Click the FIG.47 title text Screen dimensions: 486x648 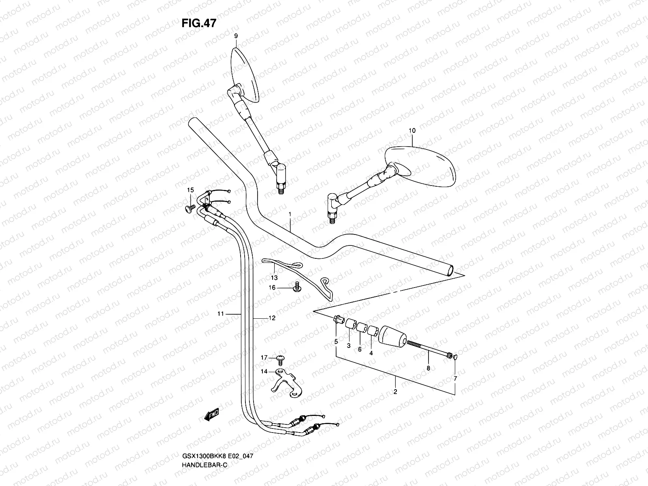coord(199,23)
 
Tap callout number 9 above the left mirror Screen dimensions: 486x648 coord(236,36)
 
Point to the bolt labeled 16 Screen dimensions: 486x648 coord(297,287)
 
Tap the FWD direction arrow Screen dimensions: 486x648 coord(211,414)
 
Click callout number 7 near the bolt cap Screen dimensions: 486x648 coord(455,378)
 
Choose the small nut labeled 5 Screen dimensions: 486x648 coord(336,320)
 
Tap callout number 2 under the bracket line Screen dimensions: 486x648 coord(395,392)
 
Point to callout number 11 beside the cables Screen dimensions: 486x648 coord(220,313)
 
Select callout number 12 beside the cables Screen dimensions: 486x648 coord(272,318)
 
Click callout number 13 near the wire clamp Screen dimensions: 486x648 coord(274,278)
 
